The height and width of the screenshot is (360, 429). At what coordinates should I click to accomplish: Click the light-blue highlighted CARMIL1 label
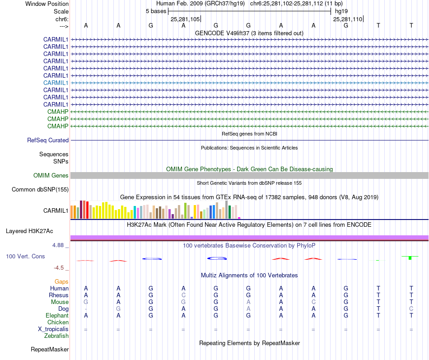click(x=56, y=83)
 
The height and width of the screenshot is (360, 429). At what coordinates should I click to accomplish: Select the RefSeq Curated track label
click(x=48, y=140)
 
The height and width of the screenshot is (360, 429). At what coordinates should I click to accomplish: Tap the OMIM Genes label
click(x=51, y=175)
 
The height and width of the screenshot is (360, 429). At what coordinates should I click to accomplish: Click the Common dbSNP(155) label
click(x=40, y=189)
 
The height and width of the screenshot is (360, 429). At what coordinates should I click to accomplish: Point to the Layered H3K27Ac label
click(x=29, y=231)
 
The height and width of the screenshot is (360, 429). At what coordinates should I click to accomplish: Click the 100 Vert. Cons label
click(x=25, y=256)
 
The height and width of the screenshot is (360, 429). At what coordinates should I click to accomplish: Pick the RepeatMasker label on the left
click(x=50, y=349)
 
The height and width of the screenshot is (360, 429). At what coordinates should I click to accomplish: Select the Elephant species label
click(x=57, y=315)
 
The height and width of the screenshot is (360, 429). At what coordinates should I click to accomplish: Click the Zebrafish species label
click(x=56, y=336)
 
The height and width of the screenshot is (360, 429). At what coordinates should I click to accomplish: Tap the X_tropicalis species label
click(x=53, y=329)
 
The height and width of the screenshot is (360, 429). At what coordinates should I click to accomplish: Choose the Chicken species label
click(x=58, y=322)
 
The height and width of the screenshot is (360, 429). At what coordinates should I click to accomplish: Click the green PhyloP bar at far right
click(x=410, y=257)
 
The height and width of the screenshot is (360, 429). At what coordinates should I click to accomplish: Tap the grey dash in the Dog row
click(x=86, y=309)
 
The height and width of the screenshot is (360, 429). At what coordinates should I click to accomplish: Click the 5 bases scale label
click(x=156, y=11)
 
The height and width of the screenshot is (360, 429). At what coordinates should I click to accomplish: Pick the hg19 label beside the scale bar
click(x=340, y=11)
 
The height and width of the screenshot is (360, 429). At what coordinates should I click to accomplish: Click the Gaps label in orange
click(x=61, y=281)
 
